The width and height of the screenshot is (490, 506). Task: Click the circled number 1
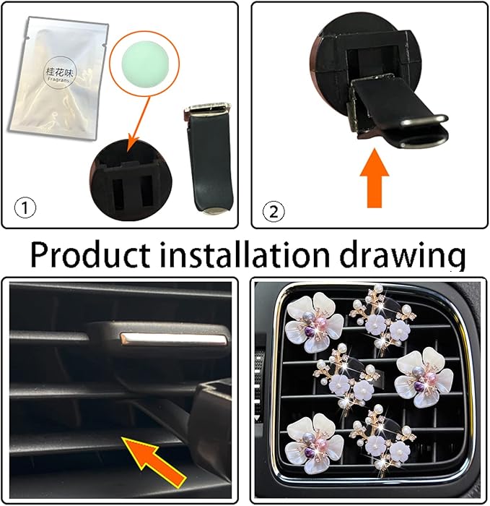pyautogui.click(x=25, y=209)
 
